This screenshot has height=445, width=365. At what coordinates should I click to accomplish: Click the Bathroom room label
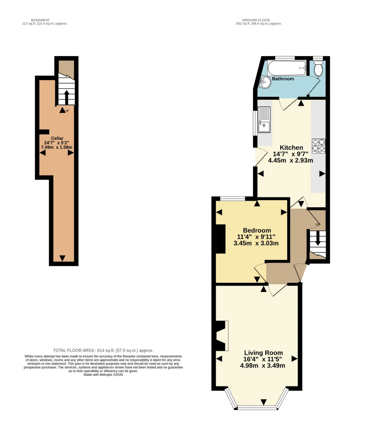283,79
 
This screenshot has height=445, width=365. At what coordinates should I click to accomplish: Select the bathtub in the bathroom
287,68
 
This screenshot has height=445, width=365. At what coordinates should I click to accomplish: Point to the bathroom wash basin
265,82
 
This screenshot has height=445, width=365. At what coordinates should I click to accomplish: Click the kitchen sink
264,120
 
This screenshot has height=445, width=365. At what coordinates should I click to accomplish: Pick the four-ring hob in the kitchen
319,146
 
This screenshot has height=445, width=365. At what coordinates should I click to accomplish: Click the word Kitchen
291,148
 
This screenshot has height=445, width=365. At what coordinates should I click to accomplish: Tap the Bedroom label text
257,230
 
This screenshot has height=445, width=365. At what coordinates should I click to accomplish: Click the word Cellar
57,138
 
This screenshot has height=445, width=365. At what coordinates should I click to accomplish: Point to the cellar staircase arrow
66,97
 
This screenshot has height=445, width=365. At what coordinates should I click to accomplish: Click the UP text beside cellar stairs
67,111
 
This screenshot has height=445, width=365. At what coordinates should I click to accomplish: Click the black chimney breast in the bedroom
221,239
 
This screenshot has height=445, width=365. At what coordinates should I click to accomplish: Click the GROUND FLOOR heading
256,20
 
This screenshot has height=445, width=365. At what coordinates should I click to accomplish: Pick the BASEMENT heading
40,20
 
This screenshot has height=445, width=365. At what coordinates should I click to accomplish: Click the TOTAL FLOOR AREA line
103,351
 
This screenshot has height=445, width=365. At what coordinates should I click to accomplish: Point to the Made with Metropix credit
103,375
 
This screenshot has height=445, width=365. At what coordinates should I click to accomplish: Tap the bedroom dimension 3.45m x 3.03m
256,243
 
